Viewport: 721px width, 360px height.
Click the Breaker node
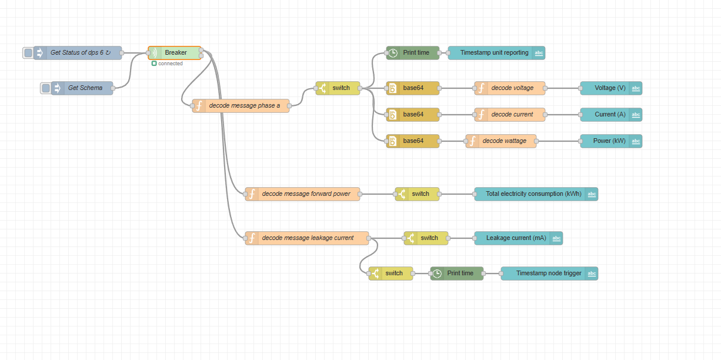click(x=175, y=53)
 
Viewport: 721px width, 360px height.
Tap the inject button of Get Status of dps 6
click(x=28, y=53)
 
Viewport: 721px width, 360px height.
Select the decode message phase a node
click(x=241, y=106)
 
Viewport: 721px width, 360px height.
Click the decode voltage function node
click(x=510, y=88)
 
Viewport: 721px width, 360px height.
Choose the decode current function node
click(x=510, y=114)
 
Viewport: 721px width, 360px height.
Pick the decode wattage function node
click(x=501, y=141)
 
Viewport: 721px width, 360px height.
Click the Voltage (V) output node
click(x=611, y=88)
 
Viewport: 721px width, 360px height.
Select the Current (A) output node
click(x=611, y=114)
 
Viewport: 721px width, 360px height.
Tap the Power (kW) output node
click(x=611, y=141)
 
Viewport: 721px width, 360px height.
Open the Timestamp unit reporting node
click(x=496, y=53)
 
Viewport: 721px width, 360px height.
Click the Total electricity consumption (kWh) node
click(x=536, y=194)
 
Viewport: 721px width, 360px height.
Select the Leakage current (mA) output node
click(x=518, y=238)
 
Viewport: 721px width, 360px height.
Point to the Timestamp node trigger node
click(x=549, y=274)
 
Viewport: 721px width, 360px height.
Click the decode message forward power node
click(x=302, y=194)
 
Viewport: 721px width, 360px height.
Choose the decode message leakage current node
click(x=307, y=238)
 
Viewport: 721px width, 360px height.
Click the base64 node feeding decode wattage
click(x=413, y=141)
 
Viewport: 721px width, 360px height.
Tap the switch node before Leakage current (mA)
click(x=426, y=238)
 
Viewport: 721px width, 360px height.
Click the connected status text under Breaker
click(x=171, y=64)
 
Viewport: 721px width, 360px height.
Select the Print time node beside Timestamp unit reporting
click(x=413, y=53)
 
